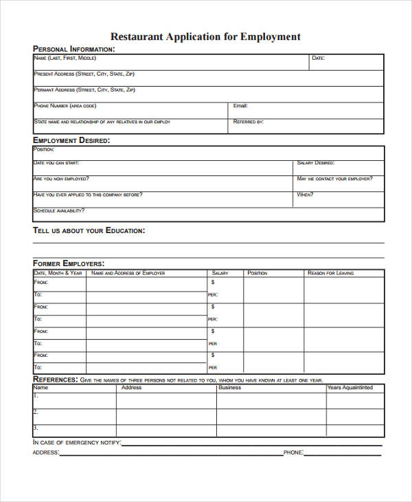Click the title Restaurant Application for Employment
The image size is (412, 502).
pyautogui.click(x=205, y=36)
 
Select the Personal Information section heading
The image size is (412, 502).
pyautogui.click(x=74, y=49)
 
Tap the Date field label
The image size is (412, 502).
pyautogui.click(x=318, y=58)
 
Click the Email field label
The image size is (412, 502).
pyautogui.click(x=240, y=106)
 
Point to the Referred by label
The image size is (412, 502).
pyautogui.click(x=249, y=122)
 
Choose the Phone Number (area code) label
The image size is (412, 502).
pyautogui.click(x=65, y=106)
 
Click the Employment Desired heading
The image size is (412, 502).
pyautogui.click(x=71, y=140)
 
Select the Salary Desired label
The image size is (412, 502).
pyautogui.click(x=316, y=163)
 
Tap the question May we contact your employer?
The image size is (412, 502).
pyautogui.click(x=335, y=179)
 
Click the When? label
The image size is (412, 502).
pyautogui.click(x=305, y=195)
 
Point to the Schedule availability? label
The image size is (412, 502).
pyautogui.click(x=58, y=210)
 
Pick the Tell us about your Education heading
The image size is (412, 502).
pyautogui.click(x=89, y=231)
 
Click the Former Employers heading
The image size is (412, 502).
pyautogui.click(x=69, y=263)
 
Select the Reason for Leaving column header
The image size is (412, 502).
pyautogui.click(x=331, y=273)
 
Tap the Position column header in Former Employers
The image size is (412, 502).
pyautogui.click(x=257, y=273)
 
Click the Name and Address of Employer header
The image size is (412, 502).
pyautogui.click(x=128, y=273)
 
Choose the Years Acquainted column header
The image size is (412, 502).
pyautogui.click(x=350, y=388)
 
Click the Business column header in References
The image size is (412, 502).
pyautogui.click(x=229, y=388)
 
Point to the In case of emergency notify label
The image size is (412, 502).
pyautogui.click(x=77, y=442)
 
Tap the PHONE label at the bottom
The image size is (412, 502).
pyautogui.click(x=293, y=453)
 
